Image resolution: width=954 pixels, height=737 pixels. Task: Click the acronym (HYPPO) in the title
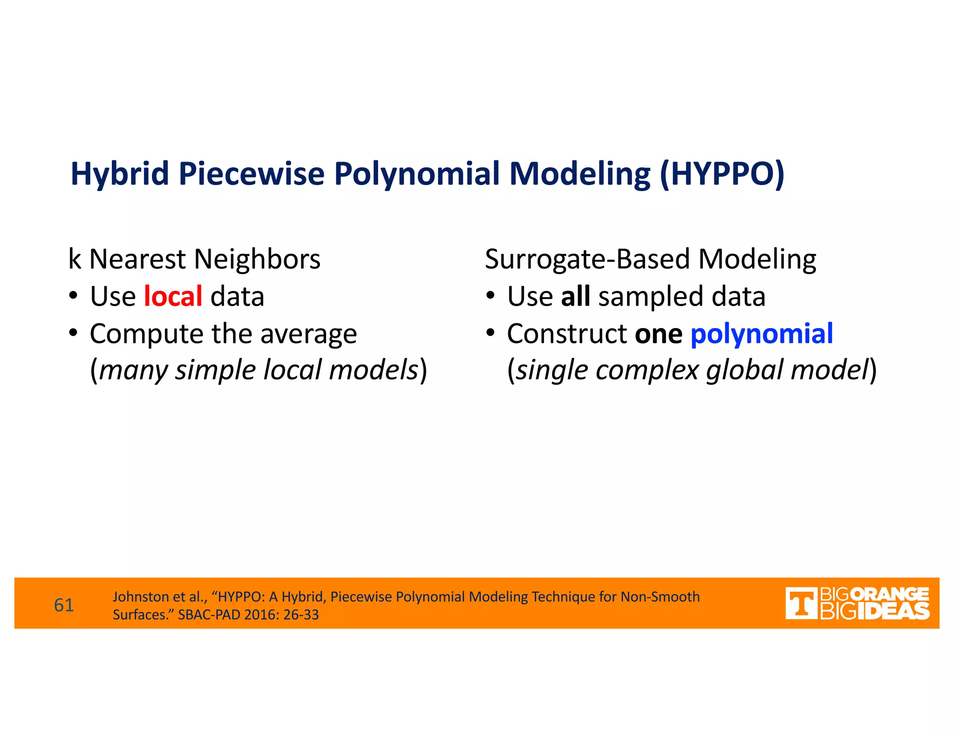click(x=722, y=174)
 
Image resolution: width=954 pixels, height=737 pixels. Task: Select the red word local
click(x=173, y=296)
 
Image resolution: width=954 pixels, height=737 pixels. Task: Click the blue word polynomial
click(x=761, y=334)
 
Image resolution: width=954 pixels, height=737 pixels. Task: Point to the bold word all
click(x=575, y=296)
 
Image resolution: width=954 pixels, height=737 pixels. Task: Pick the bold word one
click(x=658, y=334)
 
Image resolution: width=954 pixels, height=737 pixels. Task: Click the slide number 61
click(x=64, y=605)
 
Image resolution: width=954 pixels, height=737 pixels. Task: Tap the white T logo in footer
click(x=801, y=603)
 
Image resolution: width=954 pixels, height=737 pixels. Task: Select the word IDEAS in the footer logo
click(x=893, y=611)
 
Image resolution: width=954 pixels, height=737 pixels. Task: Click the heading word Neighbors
click(x=257, y=259)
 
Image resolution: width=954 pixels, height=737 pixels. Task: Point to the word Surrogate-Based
click(x=587, y=259)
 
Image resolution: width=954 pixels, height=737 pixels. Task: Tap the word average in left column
click(x=308, y=334)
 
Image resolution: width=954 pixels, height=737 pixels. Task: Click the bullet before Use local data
click(x=73, y=296)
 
